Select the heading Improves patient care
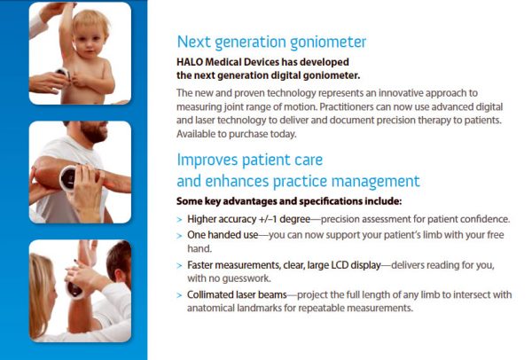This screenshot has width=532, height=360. pos(250,160)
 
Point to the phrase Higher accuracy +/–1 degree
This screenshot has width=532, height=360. pos(248,219)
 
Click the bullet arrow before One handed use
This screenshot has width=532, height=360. pos(179,236)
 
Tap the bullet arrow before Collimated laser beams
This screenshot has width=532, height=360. pos(179,295)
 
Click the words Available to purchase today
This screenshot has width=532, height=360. pos(237,134)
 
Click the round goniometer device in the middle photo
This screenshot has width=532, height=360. pos(69,178)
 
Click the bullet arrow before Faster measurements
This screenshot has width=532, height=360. pos(179,265)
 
